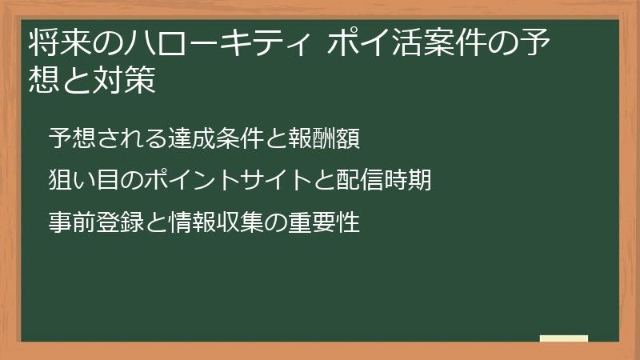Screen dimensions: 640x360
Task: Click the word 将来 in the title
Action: coord(59,42)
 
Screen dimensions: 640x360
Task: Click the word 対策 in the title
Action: coord(125,79)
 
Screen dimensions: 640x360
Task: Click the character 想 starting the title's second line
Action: coord(44,79)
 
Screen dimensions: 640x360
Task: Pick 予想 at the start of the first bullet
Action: coord(73,138)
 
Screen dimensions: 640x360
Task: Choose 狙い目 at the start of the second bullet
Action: coord(85,180)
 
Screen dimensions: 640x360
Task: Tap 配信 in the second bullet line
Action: coord(359,180)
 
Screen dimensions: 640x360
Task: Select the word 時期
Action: coord(407,180)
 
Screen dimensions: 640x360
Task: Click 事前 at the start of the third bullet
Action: coord(73,222)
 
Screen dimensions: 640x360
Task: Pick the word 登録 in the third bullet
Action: coord(121,222)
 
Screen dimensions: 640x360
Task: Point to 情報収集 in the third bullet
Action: coord(216,222)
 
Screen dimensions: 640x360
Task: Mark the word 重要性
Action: coord(324,222)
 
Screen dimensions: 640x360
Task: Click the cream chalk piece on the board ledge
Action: coord(564,338)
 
